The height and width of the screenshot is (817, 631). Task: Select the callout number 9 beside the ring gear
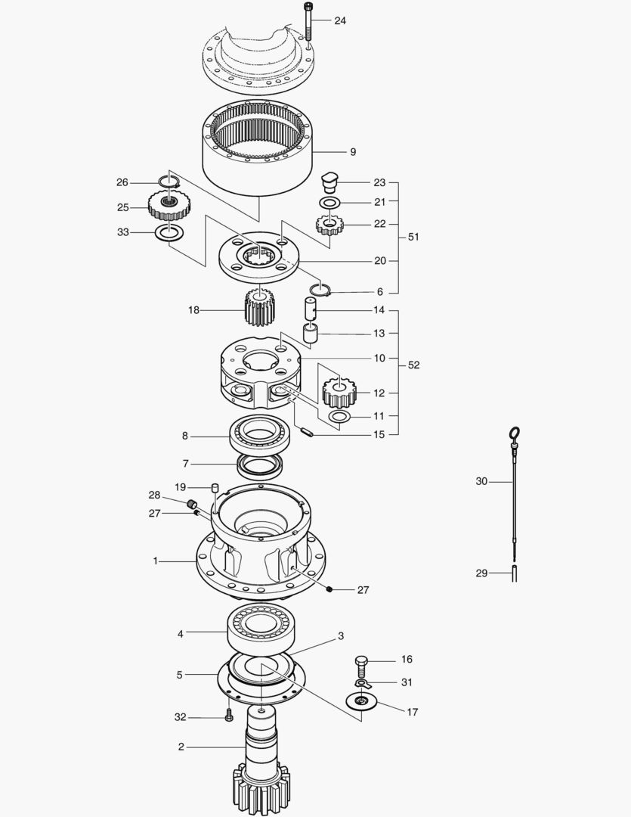click(x=353, y=152)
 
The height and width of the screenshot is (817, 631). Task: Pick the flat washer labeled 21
click(x=329, y=202)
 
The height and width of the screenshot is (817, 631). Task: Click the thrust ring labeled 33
click(x=169, y=233)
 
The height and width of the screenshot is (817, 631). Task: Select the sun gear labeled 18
click(x=259, y=307)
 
